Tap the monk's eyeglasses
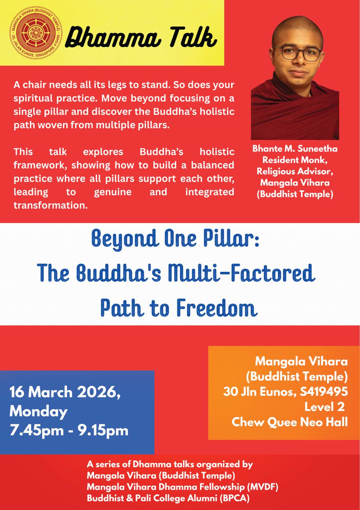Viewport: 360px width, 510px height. (x=297, y=54)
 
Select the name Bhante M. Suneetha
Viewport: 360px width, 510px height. (x=295, y=149)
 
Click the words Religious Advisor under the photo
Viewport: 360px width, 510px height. (x=295, y=171)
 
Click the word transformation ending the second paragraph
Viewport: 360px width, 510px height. (x=51, y=205)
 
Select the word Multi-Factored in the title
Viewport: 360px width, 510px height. (x=241, y=273)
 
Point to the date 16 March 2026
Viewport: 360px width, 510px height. (x=65, y=392)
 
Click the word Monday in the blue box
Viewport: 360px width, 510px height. (x=39, y=412)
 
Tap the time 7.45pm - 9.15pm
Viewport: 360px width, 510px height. (x=69, y=431)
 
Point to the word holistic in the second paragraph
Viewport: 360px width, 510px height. (x=217, y=152)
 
